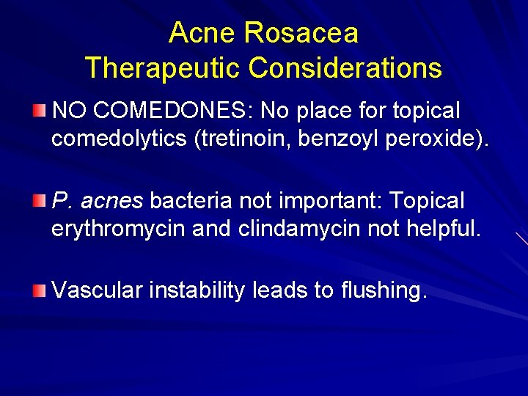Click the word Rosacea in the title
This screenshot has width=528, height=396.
(x=301, y=33)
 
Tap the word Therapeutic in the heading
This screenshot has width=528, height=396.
(x=162, y=68)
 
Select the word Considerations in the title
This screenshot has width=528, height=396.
(x=345, y=68)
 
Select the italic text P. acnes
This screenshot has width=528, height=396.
(x=97, y=201)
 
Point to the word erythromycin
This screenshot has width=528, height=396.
(x=118, y=229)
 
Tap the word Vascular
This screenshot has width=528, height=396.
(x=97, y=290)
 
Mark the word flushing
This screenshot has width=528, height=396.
(x=383, y=290)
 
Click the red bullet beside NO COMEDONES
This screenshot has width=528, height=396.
(x=38, y=111)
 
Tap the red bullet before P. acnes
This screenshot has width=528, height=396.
(x=38, y=200)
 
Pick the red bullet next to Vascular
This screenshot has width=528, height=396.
(x=38, y=290)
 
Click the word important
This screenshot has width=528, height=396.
(x=329, y=201)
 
